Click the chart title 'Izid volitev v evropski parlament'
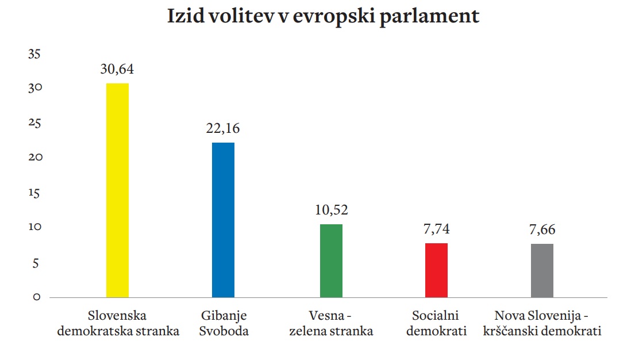pyautogui.click(x=323, y=17)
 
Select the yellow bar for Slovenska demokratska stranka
pyautogui.click(x=118, y=190)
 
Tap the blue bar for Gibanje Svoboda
pyautogui.click(x=223, y=220)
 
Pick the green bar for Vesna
pyautogui.click(x=331, y=261)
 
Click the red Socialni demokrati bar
pyautogui.click(x=437, y=270)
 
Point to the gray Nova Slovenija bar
pyautogui.click(x=542, y=270)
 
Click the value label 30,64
pyautogui.click(x=117, y=70)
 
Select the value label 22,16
pyautogui.click(x=223, y=128)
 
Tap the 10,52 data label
pyautogui.click(x=331, y=210)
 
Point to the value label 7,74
pyautogui.click(x=437, y=229)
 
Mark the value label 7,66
pyautogui.click(x=542, y=229)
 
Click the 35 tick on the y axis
pyautogui.click(x=35, y=54)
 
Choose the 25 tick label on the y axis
pyautogui.click(x=35, y=124)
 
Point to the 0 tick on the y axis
pyautogui.click(x=36, y=297)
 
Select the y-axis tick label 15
pyautogui.click(x=35, y=193)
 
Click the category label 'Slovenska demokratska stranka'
pyautogui.click(x=118, y=323)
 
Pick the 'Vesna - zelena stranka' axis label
pyautogui.click(x=332, y=323)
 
